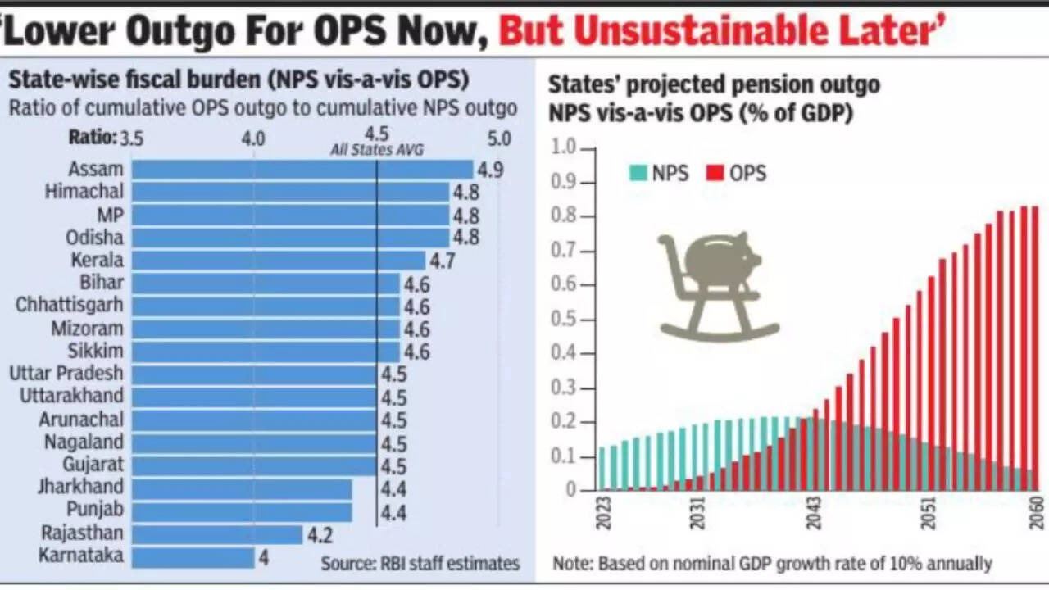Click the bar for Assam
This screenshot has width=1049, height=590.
pyautogui.click(x=302, y=170)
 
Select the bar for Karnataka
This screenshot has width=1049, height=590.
pyautogui.click(x=193, y=557)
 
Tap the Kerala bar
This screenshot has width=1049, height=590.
pyautogui.click(x=279, y=261)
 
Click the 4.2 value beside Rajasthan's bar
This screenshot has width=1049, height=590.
pyautogui.click(x=319, y=535)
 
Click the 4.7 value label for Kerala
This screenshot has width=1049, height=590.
pyautogui.click(x=442, y=261)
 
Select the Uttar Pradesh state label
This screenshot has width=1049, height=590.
pyautogui.click(x=66, y=374)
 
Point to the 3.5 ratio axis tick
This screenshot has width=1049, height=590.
pyautogui.click(x=132, y=138)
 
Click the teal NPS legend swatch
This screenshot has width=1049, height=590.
pyautogui.click(x=638, y=173)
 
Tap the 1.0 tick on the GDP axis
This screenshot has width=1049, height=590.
pyautogui.click(x=565, y=149)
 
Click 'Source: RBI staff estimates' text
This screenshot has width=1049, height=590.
pyautogui.click(x=420, y=563)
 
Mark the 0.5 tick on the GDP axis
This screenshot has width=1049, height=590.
pyautogui.click(x=565, y=320)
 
